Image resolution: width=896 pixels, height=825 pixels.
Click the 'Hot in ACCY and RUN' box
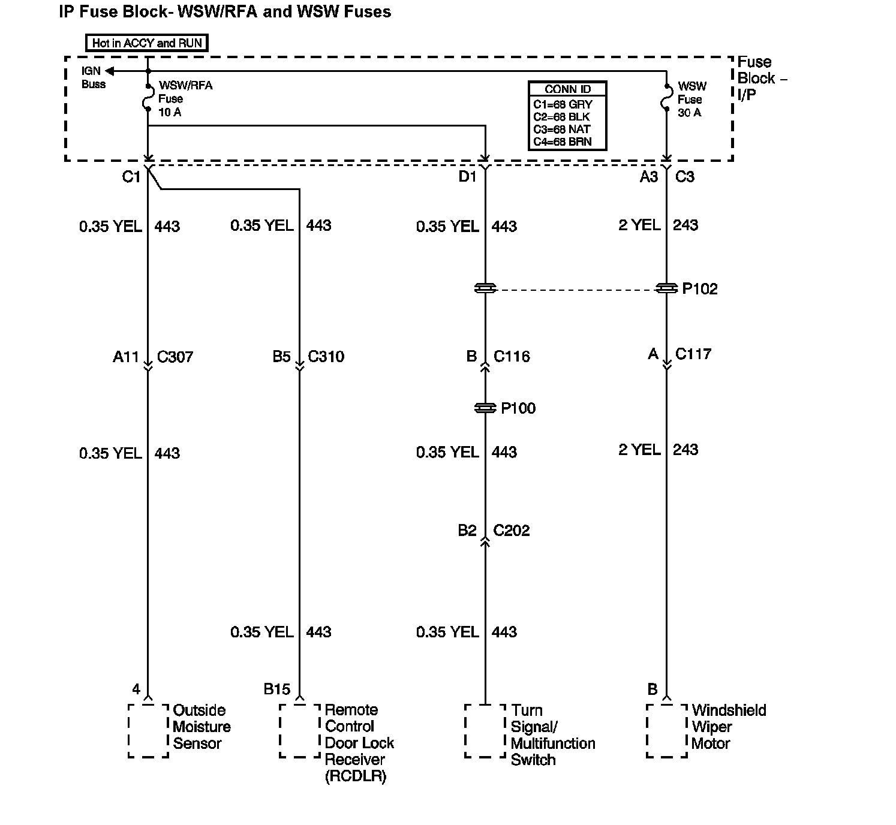pyautogui.click(x=147, y=43)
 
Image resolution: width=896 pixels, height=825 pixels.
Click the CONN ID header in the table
pyautogui.click(x=567, y=89)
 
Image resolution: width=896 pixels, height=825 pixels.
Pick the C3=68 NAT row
pyautogui.click(x=562, y=129)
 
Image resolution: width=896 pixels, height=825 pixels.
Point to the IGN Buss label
pyautogui.click(x=93, y=78)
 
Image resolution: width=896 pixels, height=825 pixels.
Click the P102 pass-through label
pyautogui.click(x=700, y=289)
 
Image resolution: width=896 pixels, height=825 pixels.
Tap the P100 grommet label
pyautogui.click(x=518, y=408)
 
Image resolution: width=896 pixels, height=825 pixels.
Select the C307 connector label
pyautogui.click(x=175, y=357)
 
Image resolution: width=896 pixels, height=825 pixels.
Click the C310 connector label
pyautogui.click(x=326, y=357)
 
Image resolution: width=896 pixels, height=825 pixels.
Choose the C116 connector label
pyautogui.click(x=512, y=357)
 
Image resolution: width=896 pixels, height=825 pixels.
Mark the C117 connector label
pyautogui.click(x=693, y=354)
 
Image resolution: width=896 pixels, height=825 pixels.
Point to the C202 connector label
pyautogui.click(x=512, y=531)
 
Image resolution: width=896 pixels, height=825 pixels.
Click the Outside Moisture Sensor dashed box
pyautogui.click(x=148, y=730)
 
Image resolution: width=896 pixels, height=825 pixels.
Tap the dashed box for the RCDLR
pyautogui.click(x=299, y=730)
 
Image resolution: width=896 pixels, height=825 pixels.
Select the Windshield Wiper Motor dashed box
pyautogui.click(x=667, y=730)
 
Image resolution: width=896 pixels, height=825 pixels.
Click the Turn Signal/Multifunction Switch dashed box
pyautogui.click(x=485, y=730)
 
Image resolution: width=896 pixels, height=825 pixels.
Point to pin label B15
pyautogui.click(x=276, y=689)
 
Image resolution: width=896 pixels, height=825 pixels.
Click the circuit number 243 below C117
pyautogui.click(x=685, y=450)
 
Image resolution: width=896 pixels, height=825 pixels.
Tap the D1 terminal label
pyautogui.click(x=467, y=177)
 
